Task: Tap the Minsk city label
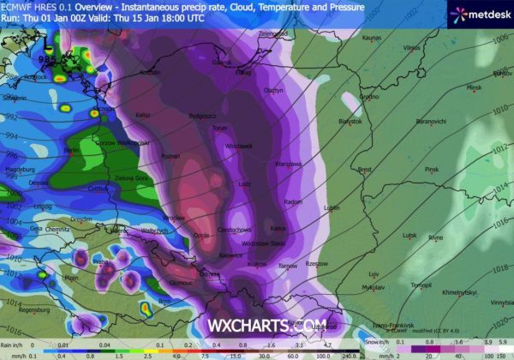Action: (x=474, y=88)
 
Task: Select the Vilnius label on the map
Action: (x=412, y=48)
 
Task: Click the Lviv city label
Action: (x=374, y=275)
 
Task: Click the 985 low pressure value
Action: (x=45, y=58)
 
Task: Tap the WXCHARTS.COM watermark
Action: (x=256, y=327)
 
